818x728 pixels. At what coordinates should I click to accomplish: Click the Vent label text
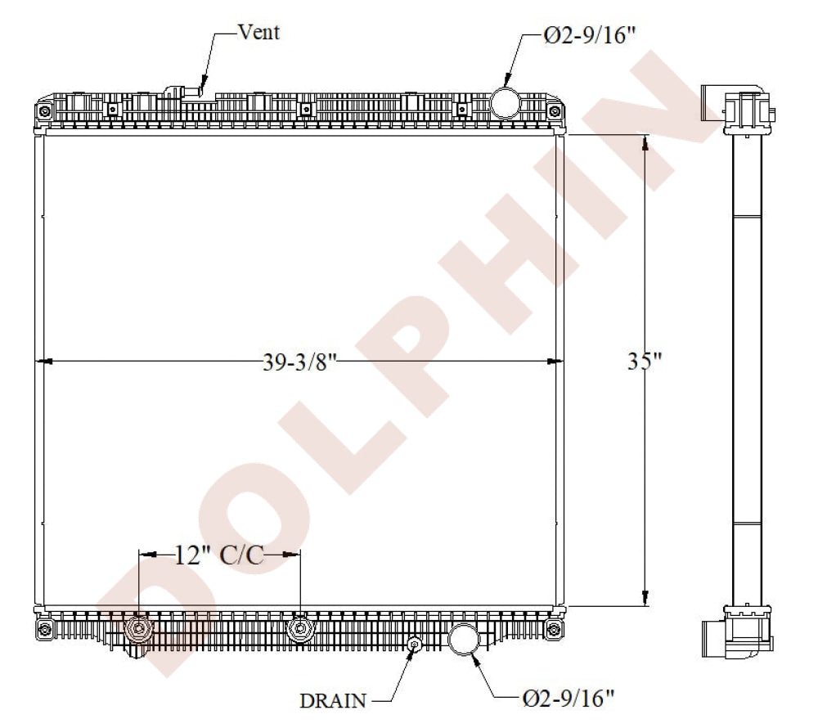(x=258, y=32)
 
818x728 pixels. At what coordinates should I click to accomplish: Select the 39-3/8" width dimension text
(x=300, y=362)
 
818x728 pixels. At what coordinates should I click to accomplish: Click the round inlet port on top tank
(x=505, y=102)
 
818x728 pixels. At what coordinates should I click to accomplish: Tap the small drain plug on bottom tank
(x=415, y=645)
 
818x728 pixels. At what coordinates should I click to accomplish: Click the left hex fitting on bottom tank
(x=139, y=630)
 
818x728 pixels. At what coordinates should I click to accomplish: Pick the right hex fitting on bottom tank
(x=301, y=629)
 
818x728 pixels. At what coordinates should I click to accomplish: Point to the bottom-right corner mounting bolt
(x=555, y=628)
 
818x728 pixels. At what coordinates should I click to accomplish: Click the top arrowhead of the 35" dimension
(x=645, y=144)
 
